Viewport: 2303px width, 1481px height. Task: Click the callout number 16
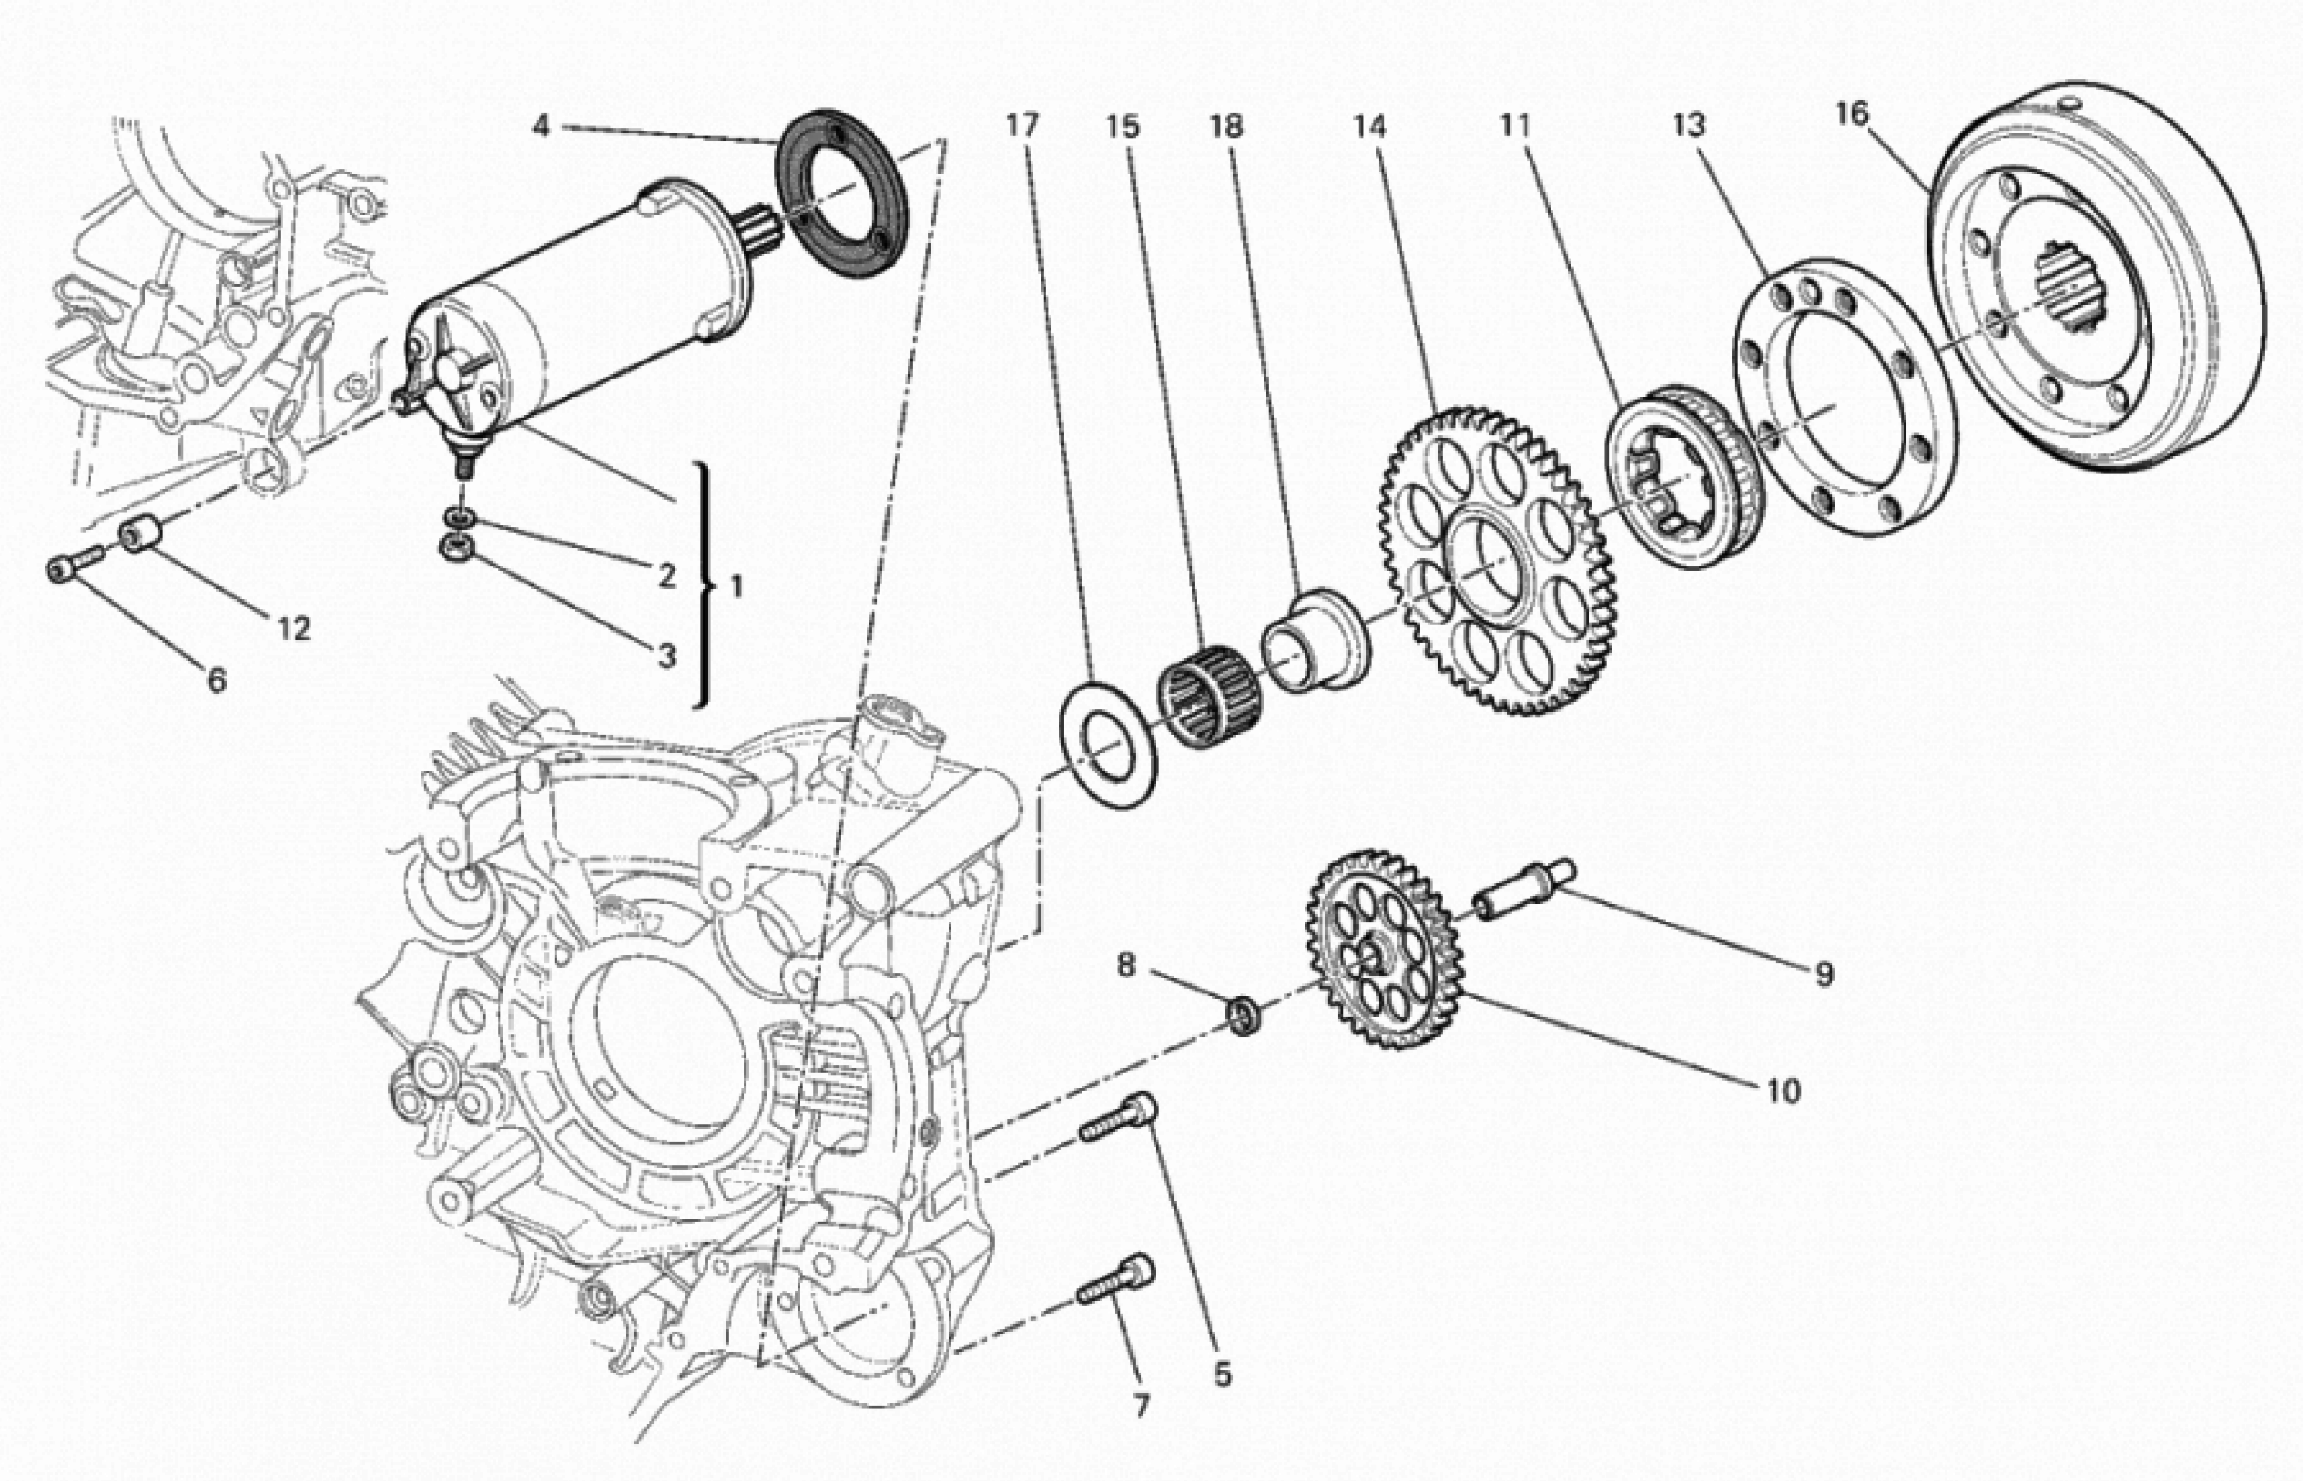tap(1850, 114)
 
